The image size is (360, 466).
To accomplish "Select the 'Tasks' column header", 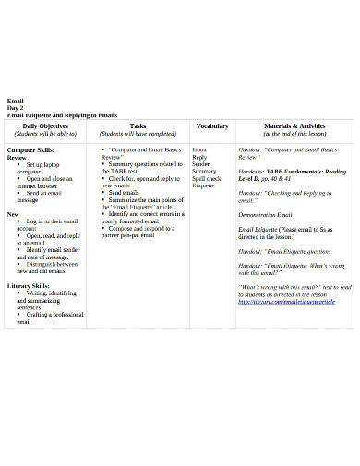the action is point(138,125).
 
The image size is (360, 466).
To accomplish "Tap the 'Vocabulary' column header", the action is point(212,125).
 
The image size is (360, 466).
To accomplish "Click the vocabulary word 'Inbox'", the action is point(200,149).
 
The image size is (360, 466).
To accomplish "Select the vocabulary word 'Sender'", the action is point(201,163).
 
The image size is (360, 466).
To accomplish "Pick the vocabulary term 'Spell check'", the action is point(207,178).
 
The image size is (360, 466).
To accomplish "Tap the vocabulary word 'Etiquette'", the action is point(204,185).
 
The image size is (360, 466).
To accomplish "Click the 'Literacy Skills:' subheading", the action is point(28,286).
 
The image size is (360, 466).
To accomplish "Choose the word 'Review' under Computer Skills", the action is point(17,157).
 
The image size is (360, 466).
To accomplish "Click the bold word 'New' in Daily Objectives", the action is point(13,213).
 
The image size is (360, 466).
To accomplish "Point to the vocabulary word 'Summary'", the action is point(205,171).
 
